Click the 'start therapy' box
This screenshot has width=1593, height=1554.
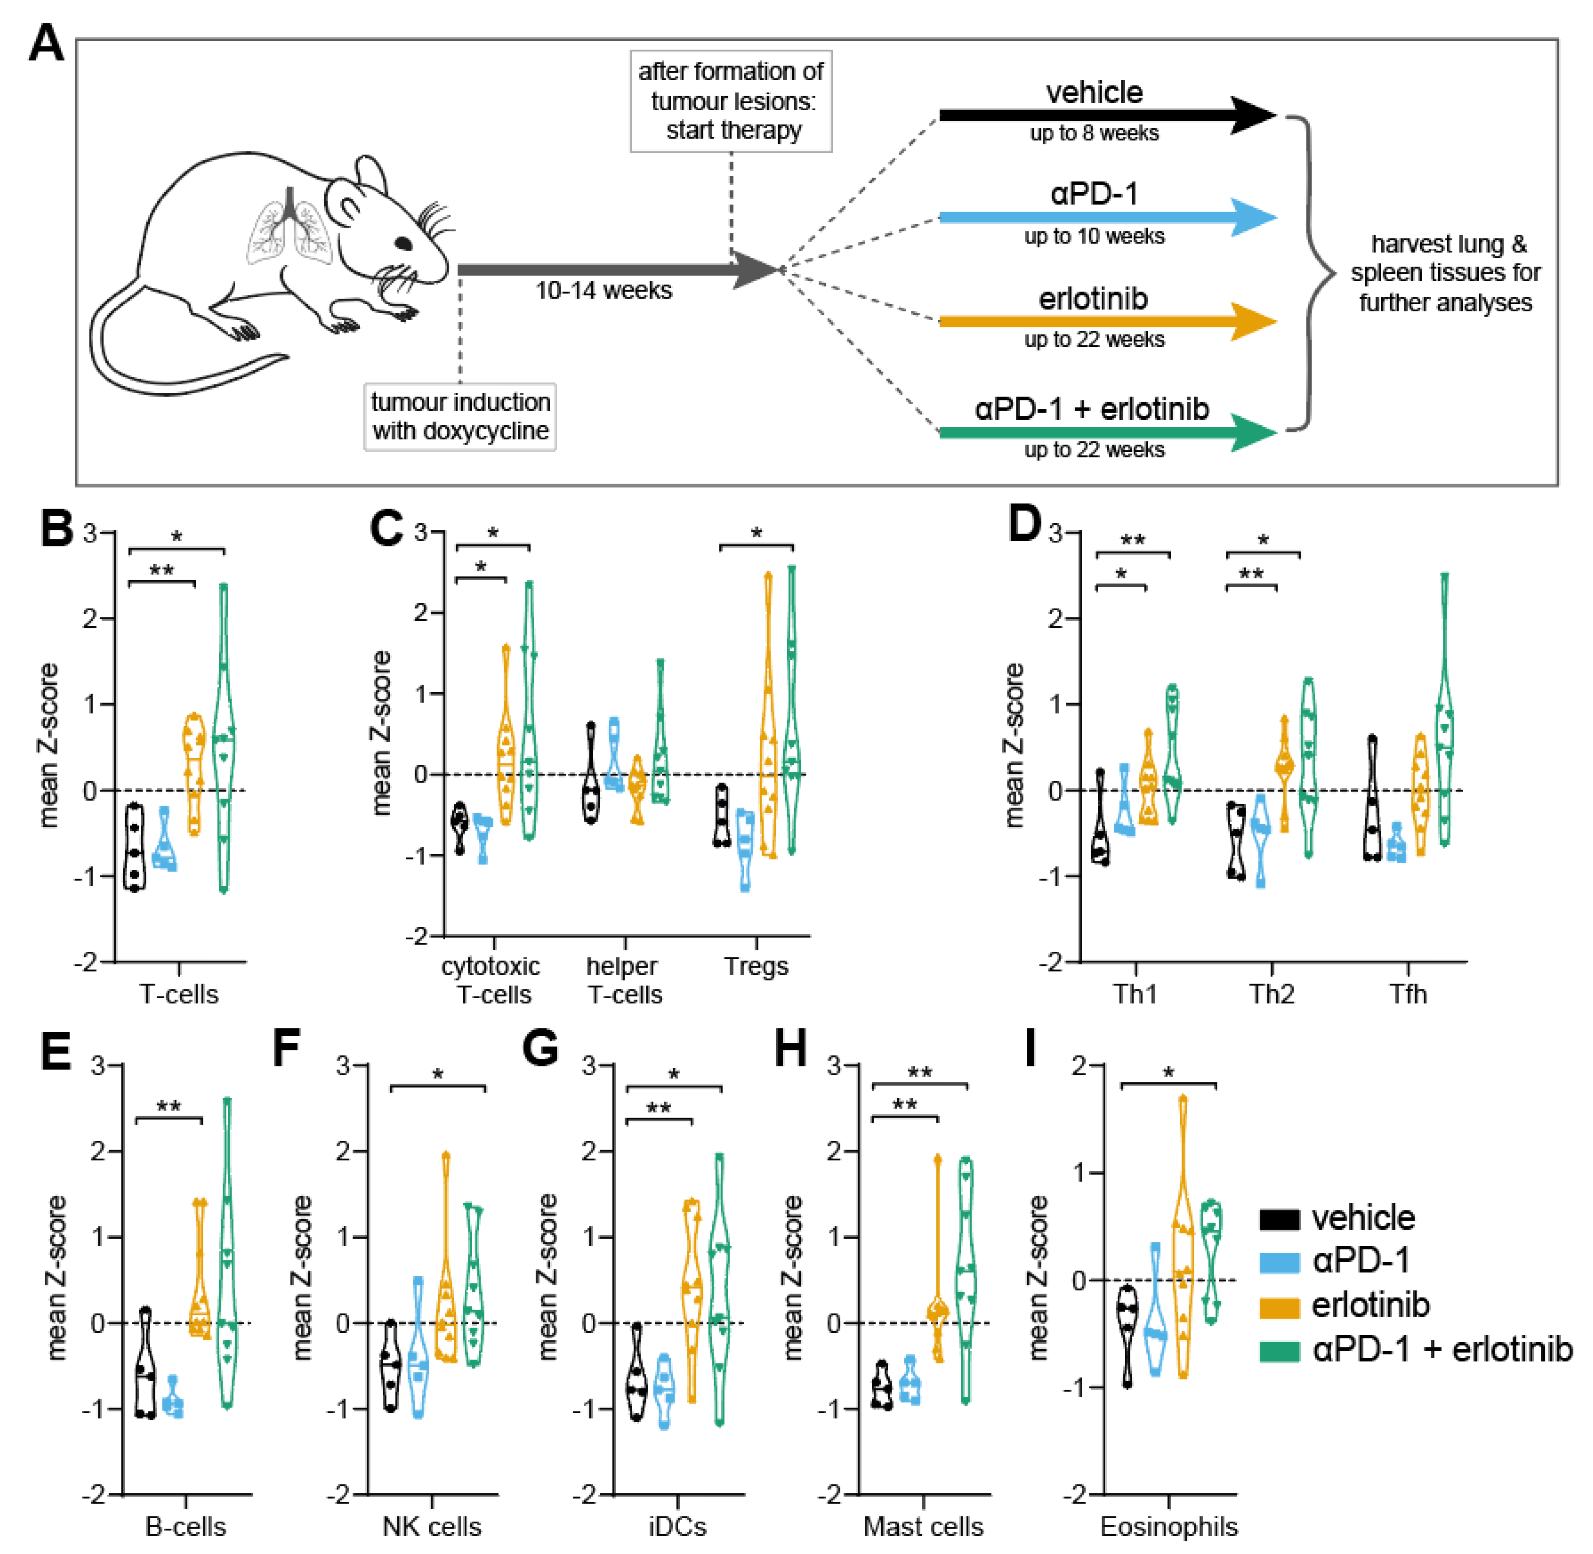[x=731, y=101]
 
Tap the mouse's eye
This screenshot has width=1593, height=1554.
[x=404, y=243]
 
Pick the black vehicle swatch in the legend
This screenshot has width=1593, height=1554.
[x=1279, y=1219]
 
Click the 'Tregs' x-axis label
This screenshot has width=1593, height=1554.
[x=756, y=966]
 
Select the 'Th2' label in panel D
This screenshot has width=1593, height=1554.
[x=1271, y=994]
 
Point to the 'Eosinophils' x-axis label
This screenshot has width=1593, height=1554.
[x=1169, y=1526]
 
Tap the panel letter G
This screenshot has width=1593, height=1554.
[x=540, y=1048]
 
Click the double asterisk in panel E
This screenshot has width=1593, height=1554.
[x=168, y=1108]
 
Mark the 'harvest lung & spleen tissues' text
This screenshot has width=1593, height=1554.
[x=1445, y=273]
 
